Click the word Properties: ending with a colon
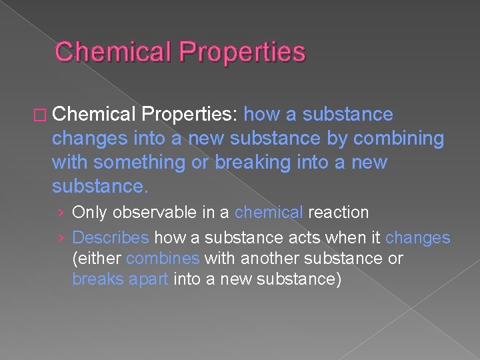point(190,115)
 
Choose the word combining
point(399,138)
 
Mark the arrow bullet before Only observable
point(61,213)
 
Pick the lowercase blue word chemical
point(269,213)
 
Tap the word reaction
point(339,213)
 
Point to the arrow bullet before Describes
point(61,238)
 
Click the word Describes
point(111,238)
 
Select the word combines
point(163,258)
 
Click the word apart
point(147,278)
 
